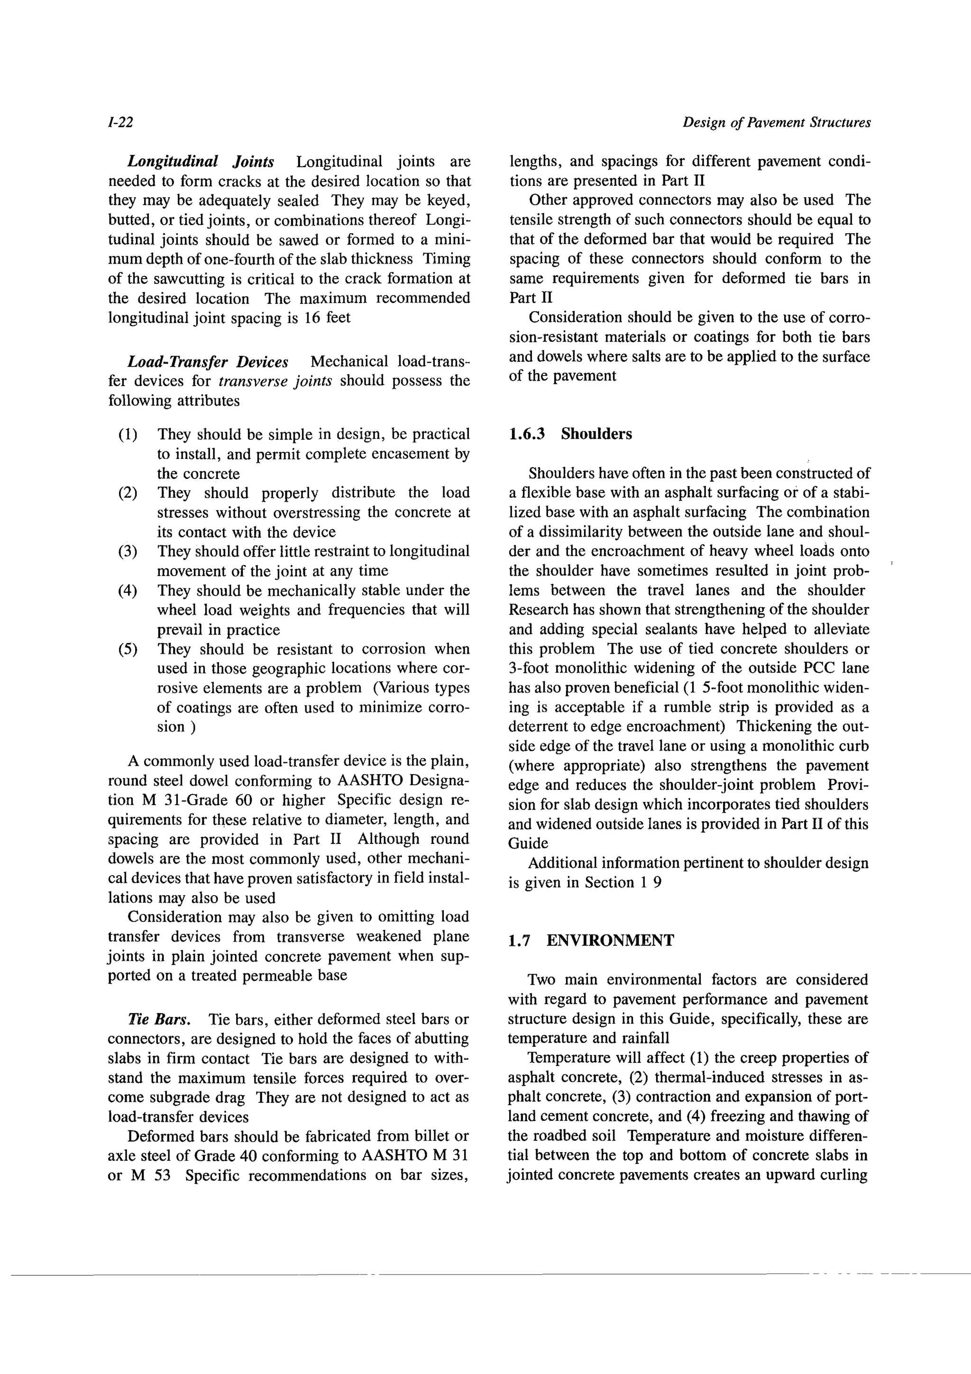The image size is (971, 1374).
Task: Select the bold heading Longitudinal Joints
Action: point(201,162)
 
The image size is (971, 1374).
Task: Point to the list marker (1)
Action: point(128,434)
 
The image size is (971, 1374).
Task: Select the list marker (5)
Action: point(128,649)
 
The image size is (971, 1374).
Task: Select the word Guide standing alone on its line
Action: point(528,844)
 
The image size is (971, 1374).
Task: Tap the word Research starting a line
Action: point(539,610)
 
